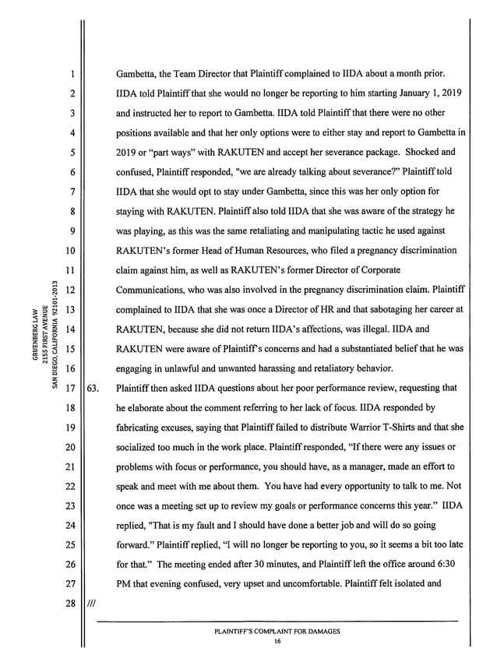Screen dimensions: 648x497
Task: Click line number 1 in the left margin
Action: coord(70,74)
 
